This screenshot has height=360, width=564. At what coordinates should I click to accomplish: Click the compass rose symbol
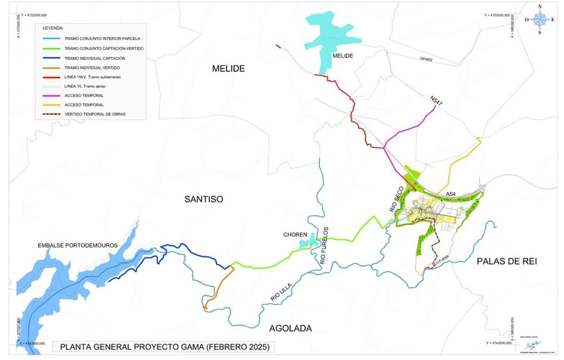pos(540,19)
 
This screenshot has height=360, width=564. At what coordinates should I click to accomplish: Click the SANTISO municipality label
pos(204,199)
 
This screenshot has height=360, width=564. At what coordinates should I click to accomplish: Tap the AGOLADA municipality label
pos(290,328)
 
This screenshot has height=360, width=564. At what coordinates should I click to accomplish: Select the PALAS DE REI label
pos(507,261)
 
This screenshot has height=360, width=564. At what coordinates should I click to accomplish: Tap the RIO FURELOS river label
pos(324,245)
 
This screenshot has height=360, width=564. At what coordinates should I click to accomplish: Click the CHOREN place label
pos(295,235)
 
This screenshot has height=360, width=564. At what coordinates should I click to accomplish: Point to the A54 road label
pos(451,194)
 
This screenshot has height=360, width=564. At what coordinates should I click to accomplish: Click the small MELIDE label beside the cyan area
pos(342,55)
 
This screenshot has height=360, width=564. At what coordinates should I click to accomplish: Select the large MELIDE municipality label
pos(228,69)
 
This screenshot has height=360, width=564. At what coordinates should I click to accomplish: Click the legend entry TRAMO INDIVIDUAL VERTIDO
pos(92,68)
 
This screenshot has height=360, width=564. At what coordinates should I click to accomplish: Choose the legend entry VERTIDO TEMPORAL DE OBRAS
pos(95,114)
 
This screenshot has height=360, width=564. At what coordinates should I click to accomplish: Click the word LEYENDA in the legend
pos(53,28)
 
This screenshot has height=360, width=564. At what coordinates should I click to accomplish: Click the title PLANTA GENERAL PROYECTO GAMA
pos(164,347)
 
